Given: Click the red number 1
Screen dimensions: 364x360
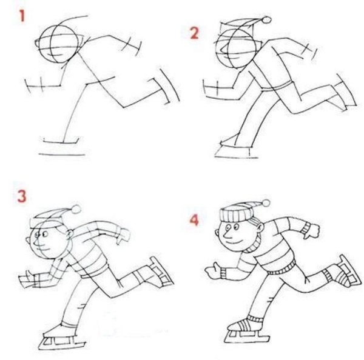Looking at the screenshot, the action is click(x=22, y=16).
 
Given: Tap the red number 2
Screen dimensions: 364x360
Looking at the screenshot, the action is click(x=195, y=33).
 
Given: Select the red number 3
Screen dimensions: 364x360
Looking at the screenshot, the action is click(x=22, y=196).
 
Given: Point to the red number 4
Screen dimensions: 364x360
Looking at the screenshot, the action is click(x=194, y=219).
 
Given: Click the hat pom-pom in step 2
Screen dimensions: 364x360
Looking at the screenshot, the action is click(x=266, y=20).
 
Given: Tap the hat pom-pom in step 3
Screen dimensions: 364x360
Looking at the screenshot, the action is click(x=76, y=209).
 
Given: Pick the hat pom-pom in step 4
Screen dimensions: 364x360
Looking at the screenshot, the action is click(x=266, y=203).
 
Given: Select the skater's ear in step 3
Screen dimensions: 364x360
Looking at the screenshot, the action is click(x=69, y=234).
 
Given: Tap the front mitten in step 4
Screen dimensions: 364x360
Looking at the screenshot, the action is click(x=213, y=270).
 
